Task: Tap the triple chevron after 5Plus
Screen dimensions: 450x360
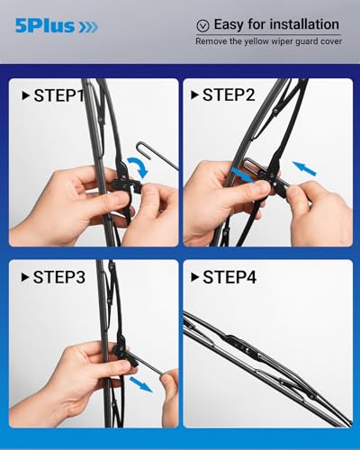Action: point(86,26)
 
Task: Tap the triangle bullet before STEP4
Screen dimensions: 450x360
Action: point(195,277)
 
